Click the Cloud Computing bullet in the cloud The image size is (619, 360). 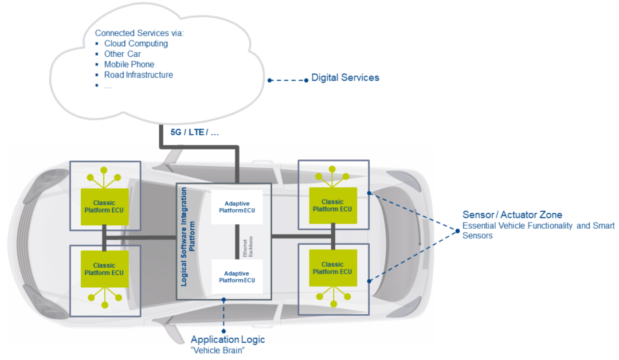(136, 44)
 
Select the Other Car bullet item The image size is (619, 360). (122, 54)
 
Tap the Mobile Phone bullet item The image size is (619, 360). (129, 64)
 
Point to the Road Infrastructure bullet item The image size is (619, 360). (138, 75)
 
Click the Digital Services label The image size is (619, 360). (345, 77)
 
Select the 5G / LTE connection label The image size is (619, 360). (195, 132)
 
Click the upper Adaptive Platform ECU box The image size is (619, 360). (237, 207)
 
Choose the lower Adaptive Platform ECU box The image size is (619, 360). (237, 277)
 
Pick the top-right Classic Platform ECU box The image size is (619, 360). (332, 205)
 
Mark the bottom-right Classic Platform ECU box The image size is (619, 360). (332, 268)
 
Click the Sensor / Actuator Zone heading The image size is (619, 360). (512, 215)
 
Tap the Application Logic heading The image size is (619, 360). (228, 339)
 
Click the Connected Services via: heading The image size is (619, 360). (139, 33)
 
